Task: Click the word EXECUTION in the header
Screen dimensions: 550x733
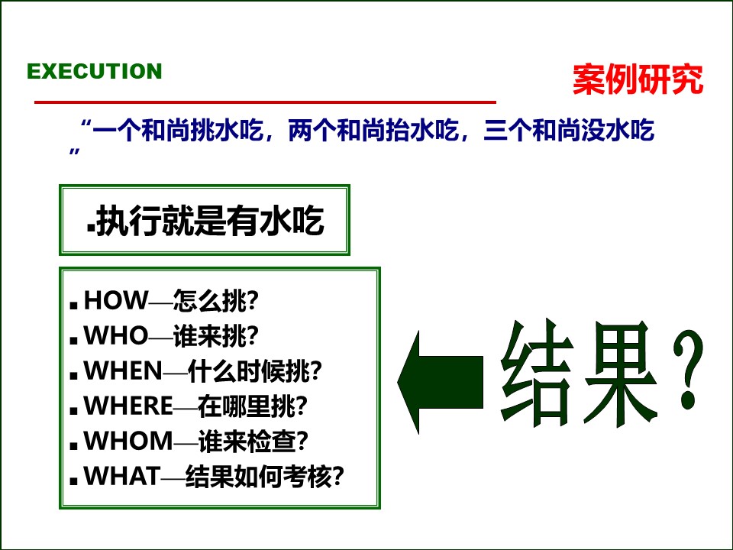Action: click(x=95, y=71)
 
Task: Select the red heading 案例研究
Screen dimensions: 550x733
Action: click(x=638, y=79)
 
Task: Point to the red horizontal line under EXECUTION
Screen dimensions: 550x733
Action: click(x=266, y=102)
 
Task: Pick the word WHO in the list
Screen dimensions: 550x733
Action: click(x=115, y=336)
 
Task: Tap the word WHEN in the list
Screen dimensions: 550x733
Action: click(x=123, y=371)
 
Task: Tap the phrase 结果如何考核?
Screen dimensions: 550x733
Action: click(x=265, y=477)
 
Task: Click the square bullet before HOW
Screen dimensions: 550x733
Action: click(x=73, y=304)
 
